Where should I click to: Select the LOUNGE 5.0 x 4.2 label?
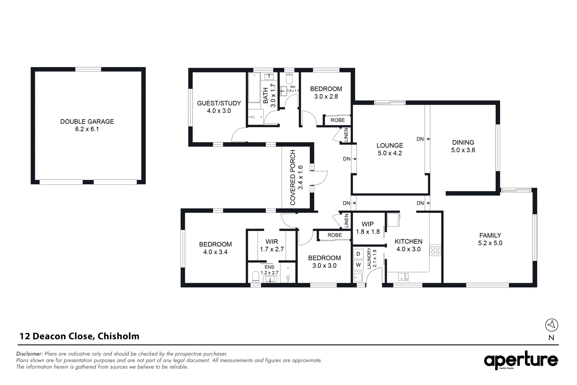(390, 149)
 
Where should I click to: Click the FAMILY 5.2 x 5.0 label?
(490, 239)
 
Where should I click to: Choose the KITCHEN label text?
(408, 242)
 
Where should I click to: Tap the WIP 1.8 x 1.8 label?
(368, 228)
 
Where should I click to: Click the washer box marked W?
(358, 265)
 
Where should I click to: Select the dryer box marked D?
(358, 254)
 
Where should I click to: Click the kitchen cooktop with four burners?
(435, 250)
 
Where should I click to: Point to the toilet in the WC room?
(289, 78)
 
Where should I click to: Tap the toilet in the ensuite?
(255, 277)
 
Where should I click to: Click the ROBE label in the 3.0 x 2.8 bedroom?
(337, 120)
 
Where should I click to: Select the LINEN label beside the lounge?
(346, 135)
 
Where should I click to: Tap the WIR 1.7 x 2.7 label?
(272, 245)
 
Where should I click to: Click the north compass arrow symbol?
(551, 325)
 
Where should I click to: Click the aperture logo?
(521, 361)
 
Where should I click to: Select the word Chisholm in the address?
(118, 336)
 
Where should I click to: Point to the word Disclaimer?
(30, 354)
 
